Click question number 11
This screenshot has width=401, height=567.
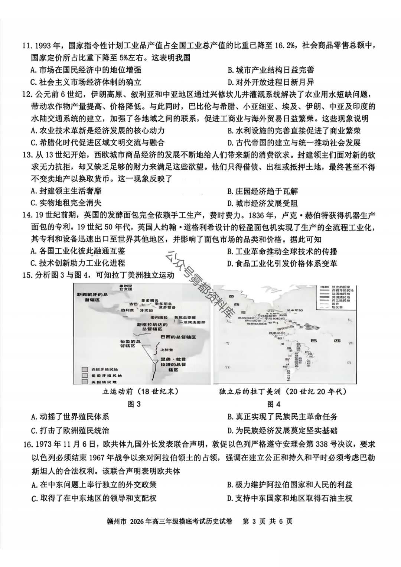(27, 46)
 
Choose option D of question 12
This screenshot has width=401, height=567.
(294, 143)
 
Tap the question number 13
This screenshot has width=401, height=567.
(27, 155)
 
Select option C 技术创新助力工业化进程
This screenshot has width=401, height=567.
(78, 263)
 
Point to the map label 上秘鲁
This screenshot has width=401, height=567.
(166, 350)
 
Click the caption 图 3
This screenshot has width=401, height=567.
(134, 404)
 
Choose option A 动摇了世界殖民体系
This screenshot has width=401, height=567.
(70, 417)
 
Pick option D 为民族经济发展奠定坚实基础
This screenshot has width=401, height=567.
(283, 431)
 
